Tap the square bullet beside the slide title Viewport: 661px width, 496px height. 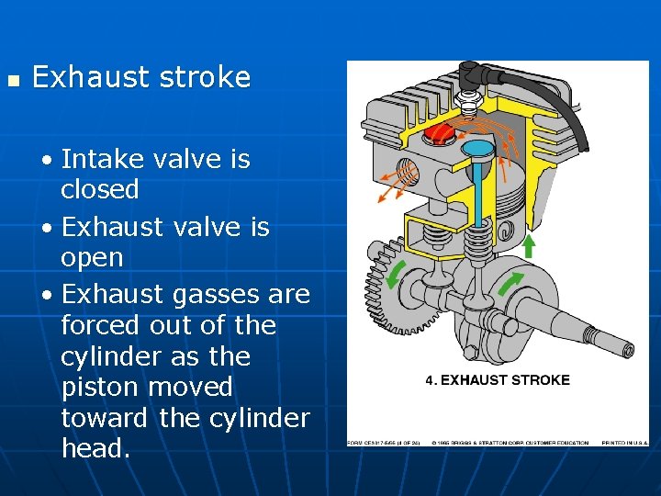[x=12, y=81]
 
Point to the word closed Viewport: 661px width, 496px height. [x=100, y=190]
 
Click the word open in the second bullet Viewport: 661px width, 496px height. [x=92, y=258]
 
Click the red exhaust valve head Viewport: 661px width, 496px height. [x=440, y=134]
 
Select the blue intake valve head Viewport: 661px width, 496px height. [x=478, y=147]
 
